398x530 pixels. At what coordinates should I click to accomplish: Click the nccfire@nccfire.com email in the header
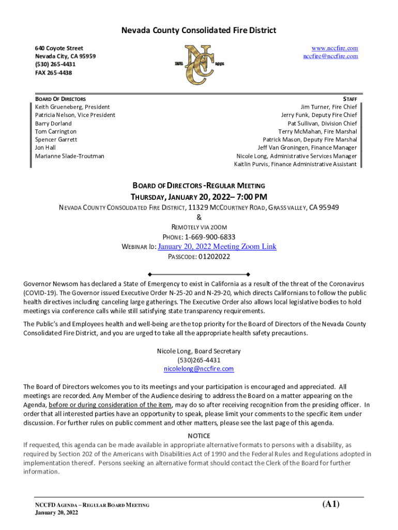click(x=330, y=56)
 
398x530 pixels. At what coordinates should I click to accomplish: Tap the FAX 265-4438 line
click(x=54, y=73)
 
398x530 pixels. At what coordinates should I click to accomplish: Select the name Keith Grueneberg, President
click(x=72, y=107)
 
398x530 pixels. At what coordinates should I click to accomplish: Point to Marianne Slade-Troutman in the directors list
click(x=70, y=156)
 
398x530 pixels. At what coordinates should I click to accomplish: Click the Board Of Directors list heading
click(x=60, y=99)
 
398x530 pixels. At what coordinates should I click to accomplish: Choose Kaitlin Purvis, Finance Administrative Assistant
click(x=295, y=165)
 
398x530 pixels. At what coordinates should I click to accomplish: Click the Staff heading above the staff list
click(x=349, y=99)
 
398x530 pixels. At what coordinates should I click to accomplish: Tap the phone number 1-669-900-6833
click(x=214, y=237)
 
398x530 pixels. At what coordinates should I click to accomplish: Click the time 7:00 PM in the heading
click(x=250, y=197)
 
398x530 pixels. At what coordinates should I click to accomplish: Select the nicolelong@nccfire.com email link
click(x=198, y=369)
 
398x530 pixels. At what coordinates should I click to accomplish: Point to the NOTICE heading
click(x=198, y=436)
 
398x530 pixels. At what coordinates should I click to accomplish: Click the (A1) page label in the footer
click(x=331, y=504)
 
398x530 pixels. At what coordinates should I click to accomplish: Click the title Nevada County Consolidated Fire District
click(x=198, y=31)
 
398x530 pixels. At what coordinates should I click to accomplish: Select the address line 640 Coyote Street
click(x=59, y=48)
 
